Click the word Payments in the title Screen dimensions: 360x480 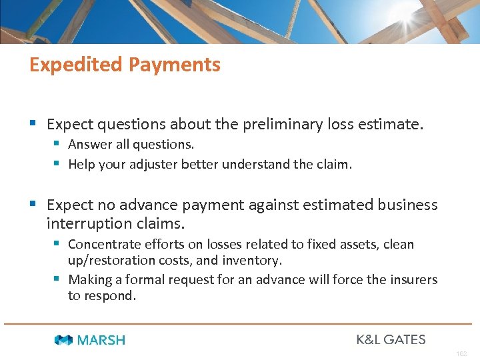coord(175,65)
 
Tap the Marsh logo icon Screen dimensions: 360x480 coord(64,340)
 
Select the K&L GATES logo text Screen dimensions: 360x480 coord(391,339)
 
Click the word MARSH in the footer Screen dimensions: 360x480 coord(101,340)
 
